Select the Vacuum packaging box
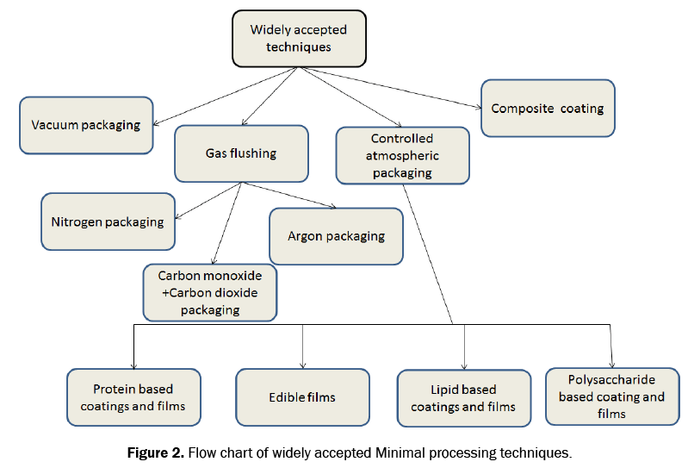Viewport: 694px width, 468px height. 86,125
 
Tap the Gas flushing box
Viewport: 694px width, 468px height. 241,153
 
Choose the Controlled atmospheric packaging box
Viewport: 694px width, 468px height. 402,156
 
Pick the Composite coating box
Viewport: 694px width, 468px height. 548,109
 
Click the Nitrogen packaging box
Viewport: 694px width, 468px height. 108,222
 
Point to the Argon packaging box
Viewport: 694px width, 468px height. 336,236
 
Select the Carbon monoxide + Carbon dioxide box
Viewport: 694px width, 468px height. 210,292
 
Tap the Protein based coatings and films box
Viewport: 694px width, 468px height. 133,397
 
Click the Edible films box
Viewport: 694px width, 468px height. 302,397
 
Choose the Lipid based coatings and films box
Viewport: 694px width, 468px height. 463,398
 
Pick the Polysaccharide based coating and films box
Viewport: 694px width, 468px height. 611,396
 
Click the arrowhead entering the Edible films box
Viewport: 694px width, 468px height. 303,365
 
